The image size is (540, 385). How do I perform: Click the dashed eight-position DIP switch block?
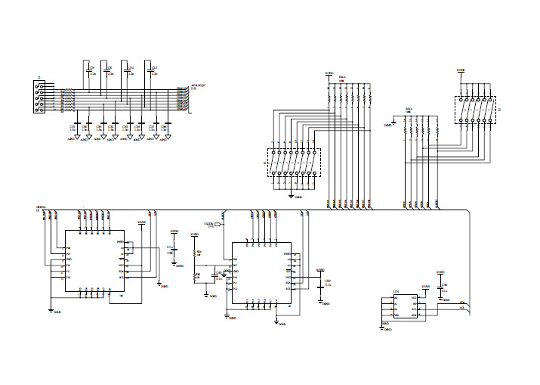coord(294,163)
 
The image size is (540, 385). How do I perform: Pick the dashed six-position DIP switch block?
coord(475,110)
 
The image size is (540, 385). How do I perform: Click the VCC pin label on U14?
coord(413,298)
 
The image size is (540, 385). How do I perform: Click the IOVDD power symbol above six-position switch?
coord(461,72)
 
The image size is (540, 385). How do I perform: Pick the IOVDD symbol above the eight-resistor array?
coord(328,74)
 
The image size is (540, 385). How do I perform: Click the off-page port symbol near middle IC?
coord(219,225)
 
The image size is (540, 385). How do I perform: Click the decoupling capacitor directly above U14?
coord(441,287)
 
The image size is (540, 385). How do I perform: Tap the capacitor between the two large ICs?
coord(174,250)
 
